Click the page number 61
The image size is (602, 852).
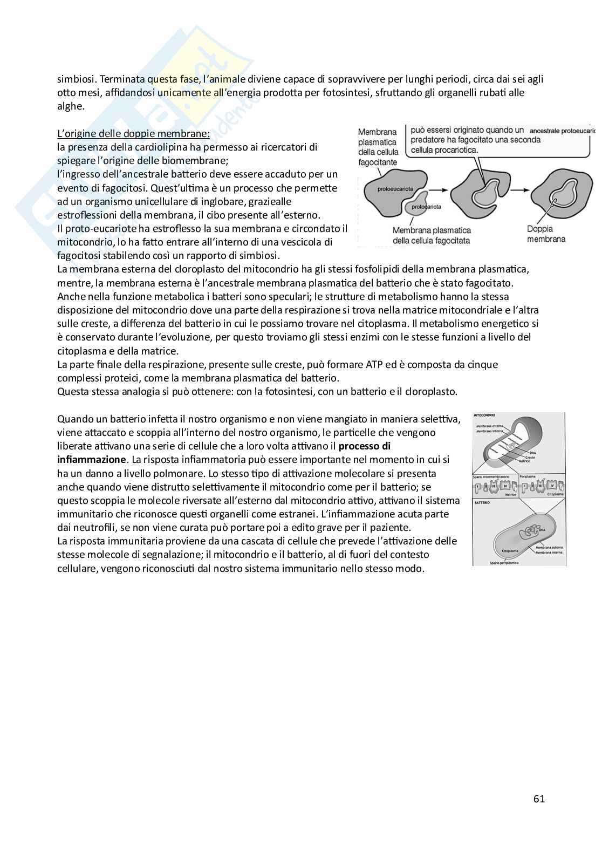(539, 799)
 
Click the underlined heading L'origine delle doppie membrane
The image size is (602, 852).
(133, 133)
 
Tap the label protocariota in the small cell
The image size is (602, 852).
(426, 207)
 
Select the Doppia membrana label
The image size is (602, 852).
(546, 234)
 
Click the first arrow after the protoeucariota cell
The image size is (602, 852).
(438, 190)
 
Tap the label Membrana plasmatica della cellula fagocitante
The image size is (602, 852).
(378, 146)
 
